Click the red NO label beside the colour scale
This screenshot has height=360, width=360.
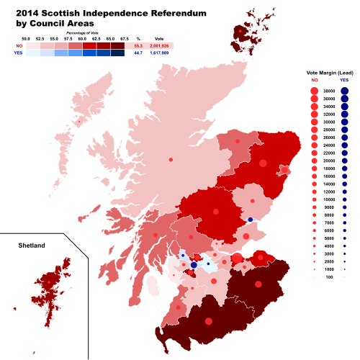point(19,45)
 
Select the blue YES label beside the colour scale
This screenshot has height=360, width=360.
point(19,53)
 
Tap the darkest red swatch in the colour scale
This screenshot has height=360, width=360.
point(117,45)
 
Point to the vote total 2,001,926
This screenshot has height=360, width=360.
point(160,45)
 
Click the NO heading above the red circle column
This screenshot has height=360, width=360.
point(314,80)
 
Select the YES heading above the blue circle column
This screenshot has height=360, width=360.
point(344,80)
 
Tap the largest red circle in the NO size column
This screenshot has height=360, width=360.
point(314,91)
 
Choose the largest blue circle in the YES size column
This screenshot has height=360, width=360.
point(344,91)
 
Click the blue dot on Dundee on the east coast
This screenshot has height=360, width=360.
point(250,220)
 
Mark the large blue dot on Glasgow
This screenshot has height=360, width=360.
point(194,265)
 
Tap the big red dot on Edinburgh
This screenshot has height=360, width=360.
point(237,258)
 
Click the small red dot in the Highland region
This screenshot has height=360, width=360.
point(171,159)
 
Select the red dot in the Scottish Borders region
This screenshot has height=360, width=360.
point(258,284)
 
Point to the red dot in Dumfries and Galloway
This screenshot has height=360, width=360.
point(209,321)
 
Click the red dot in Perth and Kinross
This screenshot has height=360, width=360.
point(215,212)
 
